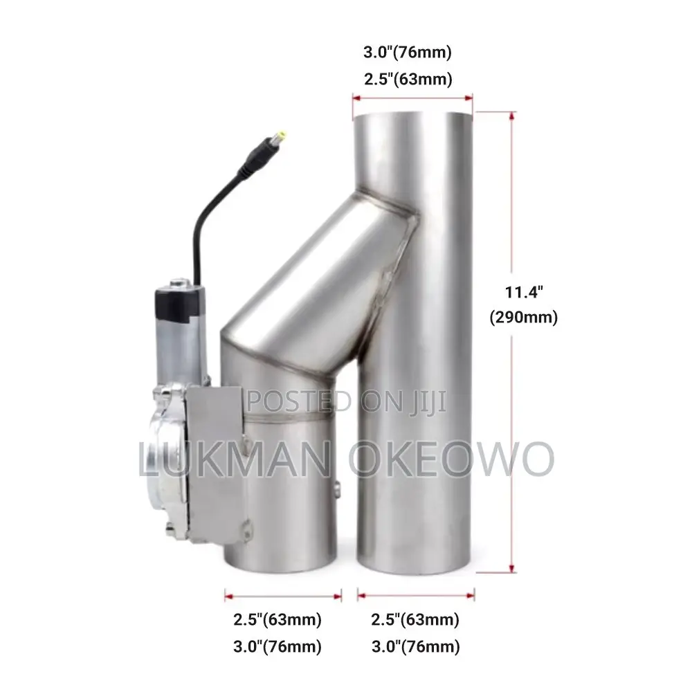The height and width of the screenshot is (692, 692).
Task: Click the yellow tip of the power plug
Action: point(280,135)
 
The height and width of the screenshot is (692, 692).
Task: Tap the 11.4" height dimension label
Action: point(524,292)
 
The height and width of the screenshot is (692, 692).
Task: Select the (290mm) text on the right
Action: point(524,318)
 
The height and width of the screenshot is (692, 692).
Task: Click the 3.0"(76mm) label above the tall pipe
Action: point(408,52)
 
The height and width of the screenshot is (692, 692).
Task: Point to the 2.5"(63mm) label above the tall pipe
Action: point(408,80)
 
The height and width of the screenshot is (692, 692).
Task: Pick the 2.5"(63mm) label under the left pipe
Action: point(277,619)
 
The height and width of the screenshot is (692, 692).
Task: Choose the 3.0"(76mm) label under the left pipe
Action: point(277,647)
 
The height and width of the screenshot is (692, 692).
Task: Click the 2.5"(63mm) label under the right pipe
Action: point(415,619)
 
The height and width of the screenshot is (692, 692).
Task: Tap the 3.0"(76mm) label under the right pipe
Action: point(416,647)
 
